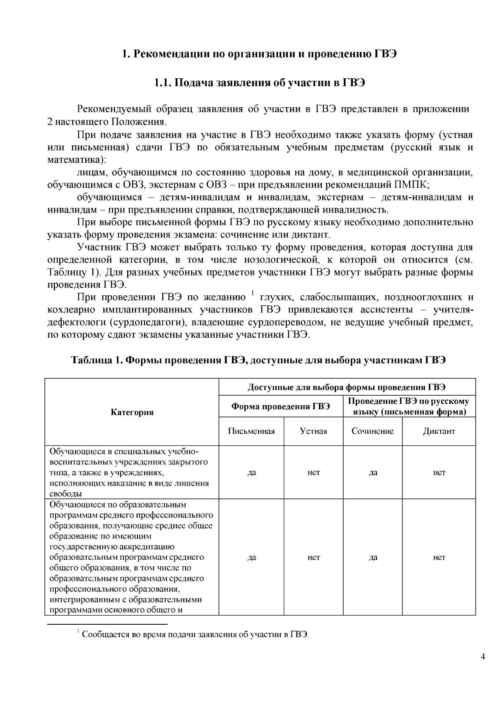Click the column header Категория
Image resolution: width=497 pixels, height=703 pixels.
pyautogui.click(x=132, y=412)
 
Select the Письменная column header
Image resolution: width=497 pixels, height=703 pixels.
pyautogui.click(x=251, y=431)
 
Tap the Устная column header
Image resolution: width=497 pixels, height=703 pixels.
pyautogui.click(x=314, y=431)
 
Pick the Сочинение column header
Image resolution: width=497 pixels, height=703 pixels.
pyautogui.click(x=372, y=431)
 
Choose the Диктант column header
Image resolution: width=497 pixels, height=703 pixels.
pyautogui.click(x=439, y=431)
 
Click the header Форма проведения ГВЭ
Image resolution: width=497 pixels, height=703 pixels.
pyautogui.click(x=280, y=406)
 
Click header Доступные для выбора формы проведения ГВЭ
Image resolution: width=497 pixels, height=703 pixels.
pyautogui.click(x=347, y=388)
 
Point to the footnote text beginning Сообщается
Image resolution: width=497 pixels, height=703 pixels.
pyautogui.click(x=195, y=635)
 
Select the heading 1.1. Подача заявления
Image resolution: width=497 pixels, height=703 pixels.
pyautogui.click(x=259, y=82)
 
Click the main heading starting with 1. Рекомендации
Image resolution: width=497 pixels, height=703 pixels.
pyautogui.click(x=259, y=54)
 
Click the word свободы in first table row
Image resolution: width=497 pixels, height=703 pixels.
pyautogui.click(x=65, y=494)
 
